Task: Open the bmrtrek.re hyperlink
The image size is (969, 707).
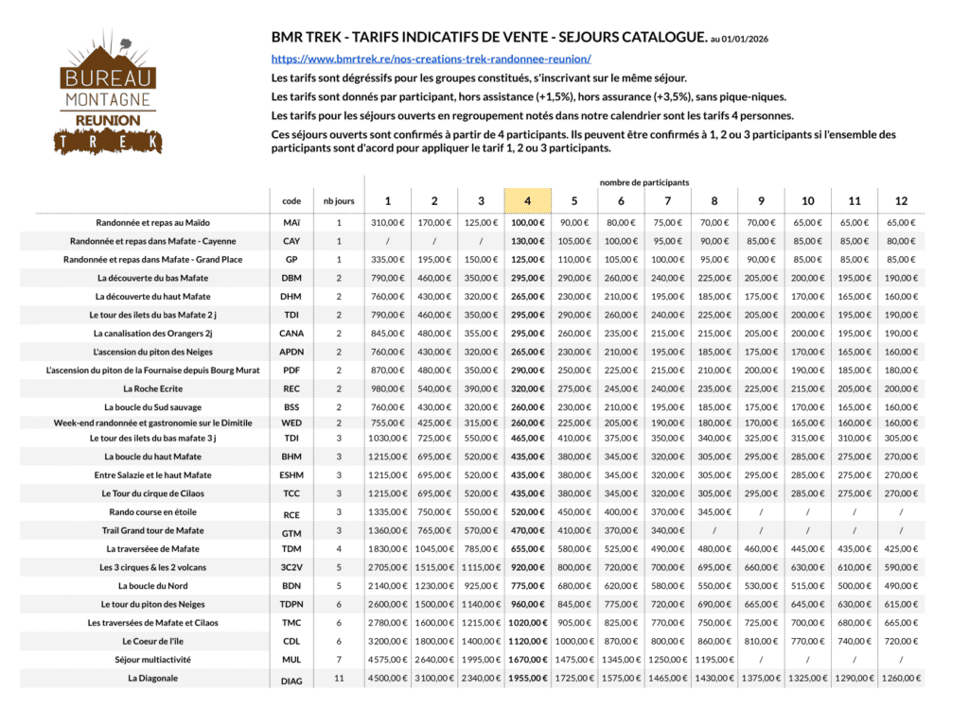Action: [x=432, y=59]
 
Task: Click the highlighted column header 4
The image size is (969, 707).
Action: [x=528, y=200]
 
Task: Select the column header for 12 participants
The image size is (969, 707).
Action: [x=901, y=200]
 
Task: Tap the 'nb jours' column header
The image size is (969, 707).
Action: [x=339, y=201]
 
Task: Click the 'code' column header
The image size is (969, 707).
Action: [x=292, y=201]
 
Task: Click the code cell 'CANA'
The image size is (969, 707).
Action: [x=292, y=333]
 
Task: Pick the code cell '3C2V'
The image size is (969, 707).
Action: [x=292, y=567]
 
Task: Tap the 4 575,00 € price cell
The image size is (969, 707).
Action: [x=387, y=659]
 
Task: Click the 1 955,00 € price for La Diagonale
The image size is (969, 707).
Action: [x=528, y=678]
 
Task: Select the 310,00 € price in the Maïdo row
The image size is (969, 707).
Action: [x=387, y=223]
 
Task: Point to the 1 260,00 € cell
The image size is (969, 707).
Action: [x=901, y=678]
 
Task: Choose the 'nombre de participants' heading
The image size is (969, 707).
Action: [x=643, y=181]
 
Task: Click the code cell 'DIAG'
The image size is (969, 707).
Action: [x=292, y=680]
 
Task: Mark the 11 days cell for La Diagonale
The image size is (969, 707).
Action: [x=339, y=678]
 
